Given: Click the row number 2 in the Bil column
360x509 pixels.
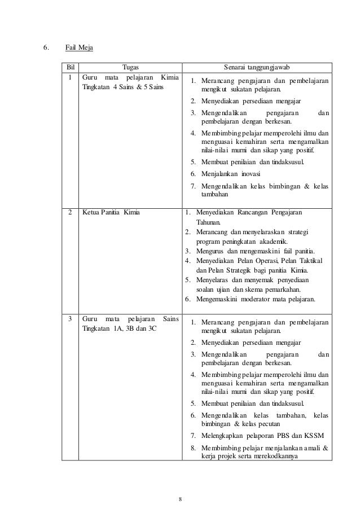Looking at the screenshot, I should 69,213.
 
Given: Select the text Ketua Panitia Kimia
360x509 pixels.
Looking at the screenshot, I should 111,213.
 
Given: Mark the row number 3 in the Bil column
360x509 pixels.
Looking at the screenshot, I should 69,319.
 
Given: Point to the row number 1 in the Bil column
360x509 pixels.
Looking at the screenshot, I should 69,77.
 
